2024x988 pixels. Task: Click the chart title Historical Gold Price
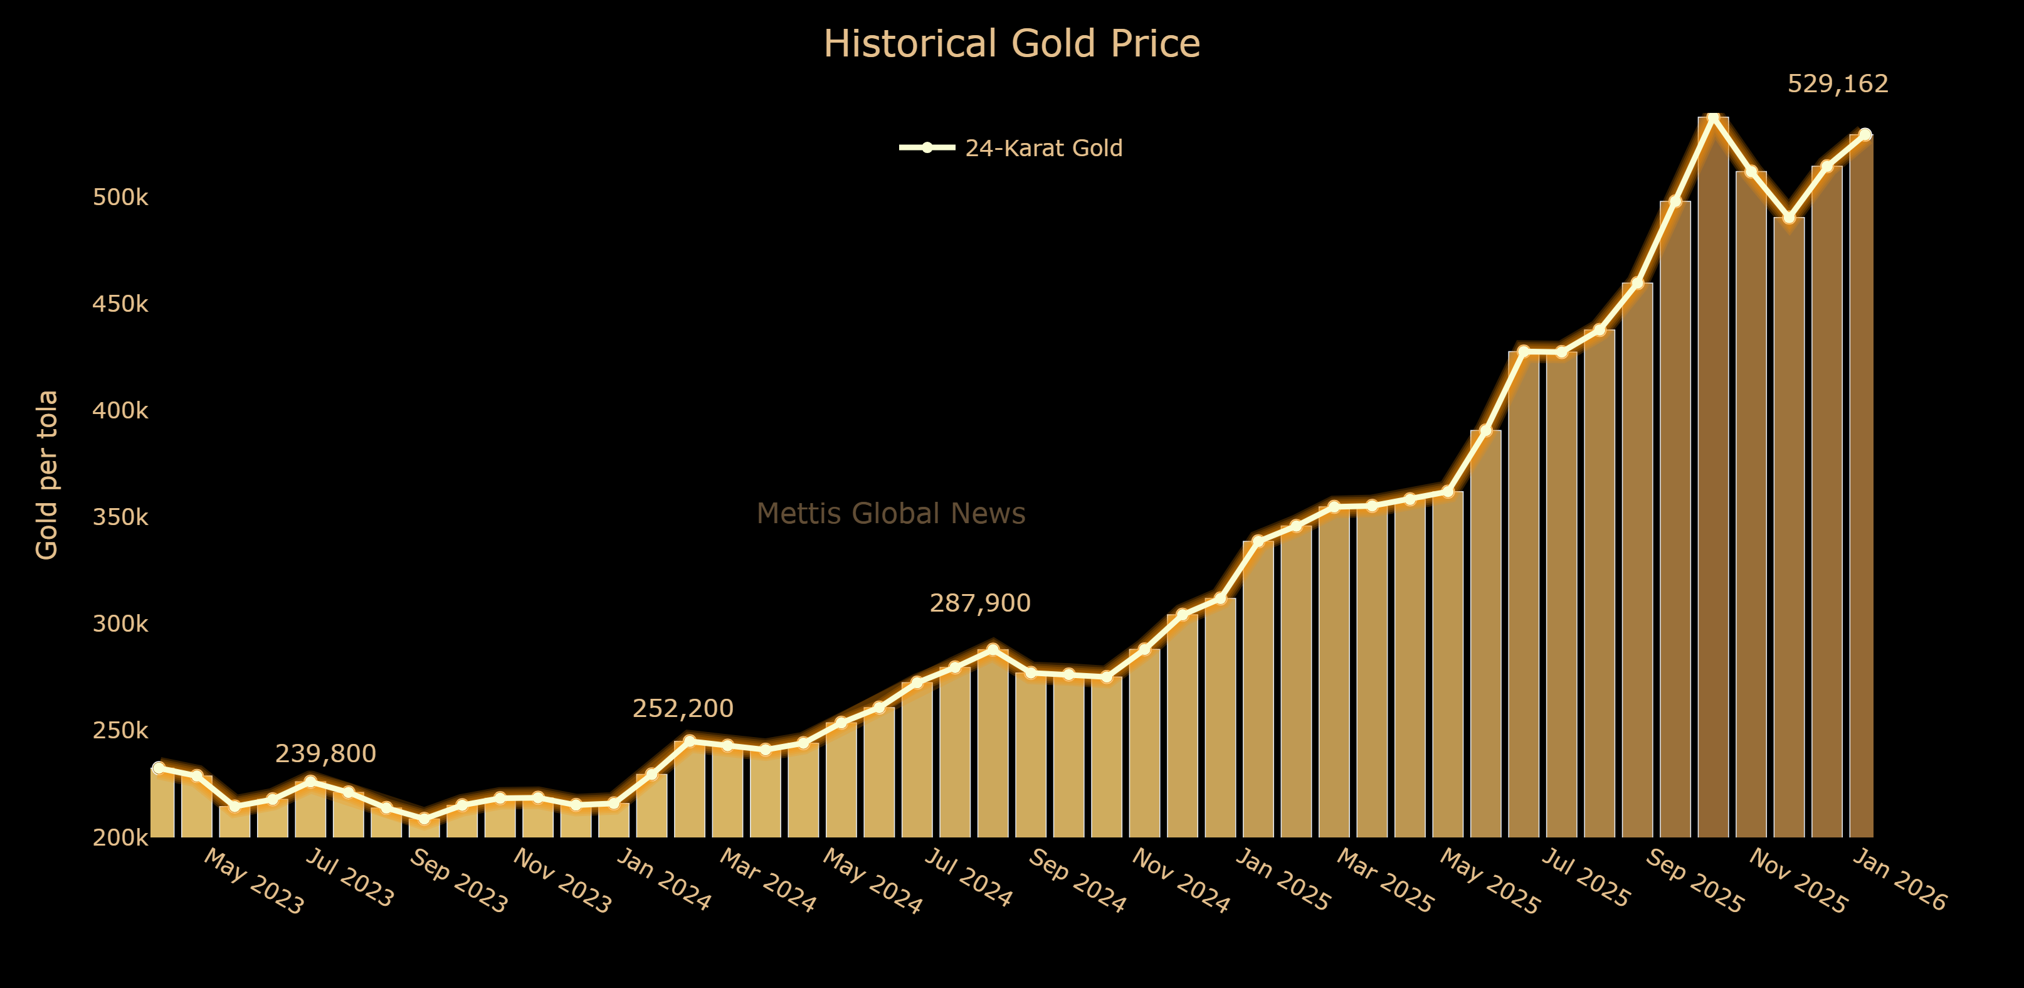1011,44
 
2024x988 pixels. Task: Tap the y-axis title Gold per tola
47,475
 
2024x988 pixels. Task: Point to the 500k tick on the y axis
120,197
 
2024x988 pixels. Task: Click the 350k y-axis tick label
120,517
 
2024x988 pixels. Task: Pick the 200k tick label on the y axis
120,838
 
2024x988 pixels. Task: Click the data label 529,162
1837,83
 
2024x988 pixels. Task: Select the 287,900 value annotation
980,603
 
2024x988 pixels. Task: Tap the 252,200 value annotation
683,708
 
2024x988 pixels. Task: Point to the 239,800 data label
325,754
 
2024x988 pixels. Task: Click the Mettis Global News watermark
890,513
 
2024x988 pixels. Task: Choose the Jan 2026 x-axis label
1900,880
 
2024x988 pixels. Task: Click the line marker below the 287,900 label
993,649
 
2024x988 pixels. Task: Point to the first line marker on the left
159,768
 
